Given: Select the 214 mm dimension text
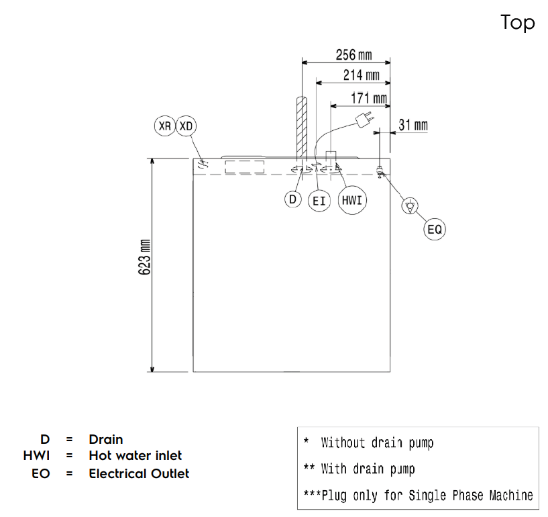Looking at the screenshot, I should click(x=362, y=76).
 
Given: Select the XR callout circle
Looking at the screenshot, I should click(x=164, y=126).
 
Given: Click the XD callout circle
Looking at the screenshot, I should click(x=186, y=126).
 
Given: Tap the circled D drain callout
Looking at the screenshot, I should click(x=292, y=199).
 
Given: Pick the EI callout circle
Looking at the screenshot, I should click(x=319, y=201).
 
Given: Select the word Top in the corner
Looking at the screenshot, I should click(x=517, y=23).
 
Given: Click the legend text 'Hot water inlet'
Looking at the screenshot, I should click(x=135, y=457).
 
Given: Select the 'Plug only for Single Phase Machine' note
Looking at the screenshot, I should click(x=419, y=496).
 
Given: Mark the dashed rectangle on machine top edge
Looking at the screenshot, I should click(x=244, y=167).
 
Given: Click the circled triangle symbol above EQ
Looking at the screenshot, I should click(x=408, y=206).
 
